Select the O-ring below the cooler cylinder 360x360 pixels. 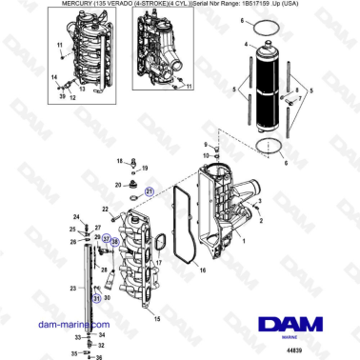click(x=270, y=146)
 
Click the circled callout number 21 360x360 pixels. click(x=150, y=191)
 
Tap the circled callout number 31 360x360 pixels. click(x=95, y=298)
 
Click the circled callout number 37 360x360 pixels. click(x=106, y=238)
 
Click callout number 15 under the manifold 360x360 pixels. click(x=157, y=319)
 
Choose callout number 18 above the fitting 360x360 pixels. click(x=145, y=164)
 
